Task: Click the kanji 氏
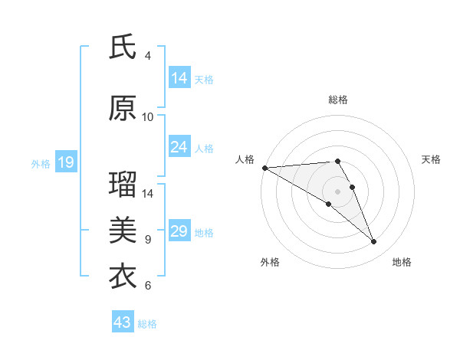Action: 123,47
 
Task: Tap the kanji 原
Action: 123,109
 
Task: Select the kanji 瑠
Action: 123,185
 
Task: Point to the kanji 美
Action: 123,231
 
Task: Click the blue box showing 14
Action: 179,78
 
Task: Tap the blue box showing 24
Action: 179,147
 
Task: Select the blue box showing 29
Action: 179,231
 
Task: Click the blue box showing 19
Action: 65,162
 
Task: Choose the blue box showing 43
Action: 122,322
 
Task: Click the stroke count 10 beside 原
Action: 147,117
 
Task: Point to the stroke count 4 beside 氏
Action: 147,56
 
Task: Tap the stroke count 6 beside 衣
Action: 147,286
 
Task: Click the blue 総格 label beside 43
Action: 147,324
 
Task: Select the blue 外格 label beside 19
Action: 41,163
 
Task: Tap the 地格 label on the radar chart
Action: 402,262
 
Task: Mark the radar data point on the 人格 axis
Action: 264,168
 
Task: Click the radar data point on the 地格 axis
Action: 374,242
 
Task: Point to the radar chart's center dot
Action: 337,190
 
